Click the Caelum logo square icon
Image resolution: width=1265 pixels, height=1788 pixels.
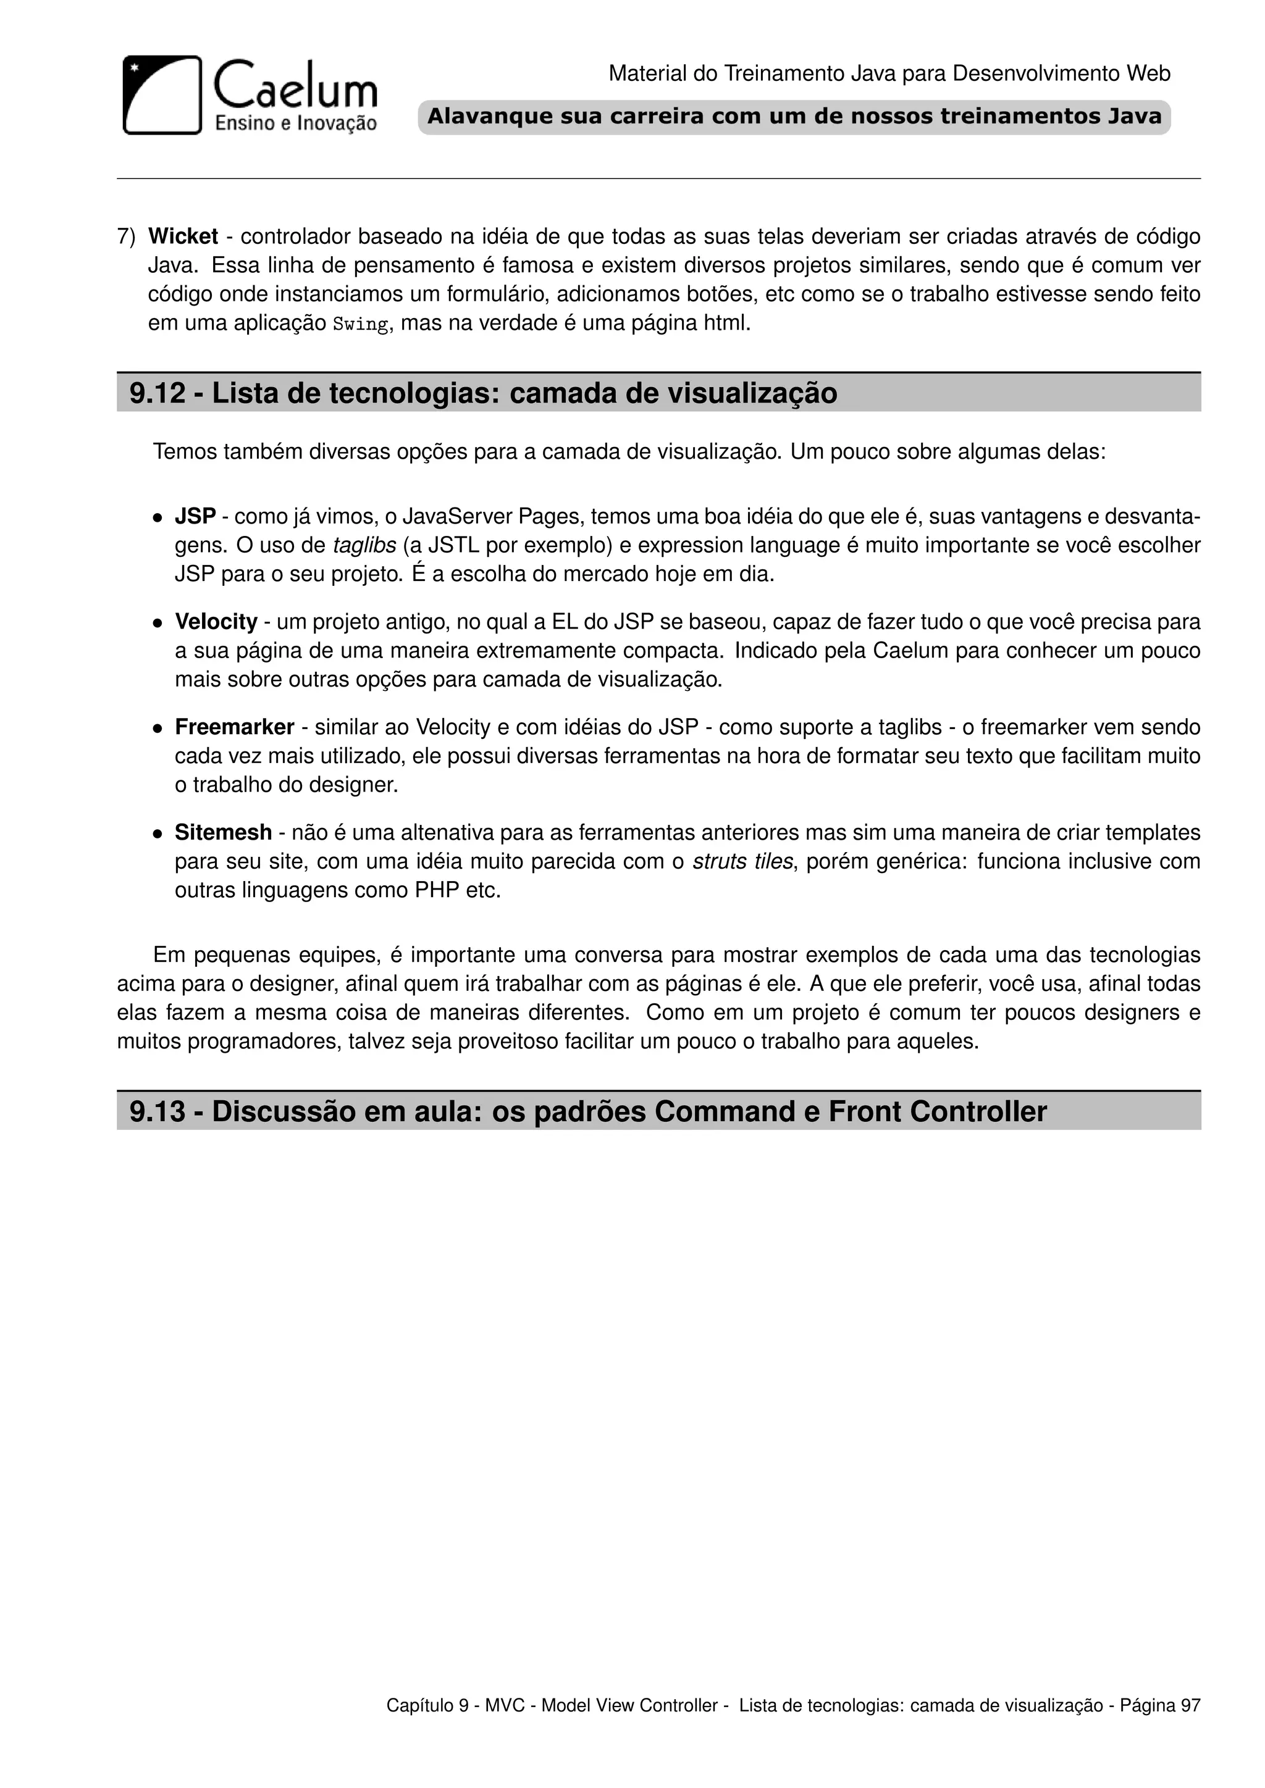coord(162,95)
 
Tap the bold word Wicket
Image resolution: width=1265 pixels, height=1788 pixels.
coord(183,236)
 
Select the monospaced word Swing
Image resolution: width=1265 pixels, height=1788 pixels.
coord(360,324)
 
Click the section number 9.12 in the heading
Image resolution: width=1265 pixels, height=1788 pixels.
coord(158,393)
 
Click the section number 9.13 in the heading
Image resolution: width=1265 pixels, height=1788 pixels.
coord(158,1111)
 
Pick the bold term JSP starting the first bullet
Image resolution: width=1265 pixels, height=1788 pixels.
coord(195,516)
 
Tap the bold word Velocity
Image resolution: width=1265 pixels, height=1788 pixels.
coord(216,622)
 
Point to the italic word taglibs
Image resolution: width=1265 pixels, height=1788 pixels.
coord(364,545)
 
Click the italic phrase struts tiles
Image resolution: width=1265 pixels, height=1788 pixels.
coord(742,861)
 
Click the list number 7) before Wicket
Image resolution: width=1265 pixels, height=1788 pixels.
coord(126,236)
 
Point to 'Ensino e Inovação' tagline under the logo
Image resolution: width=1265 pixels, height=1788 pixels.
coord(295,122)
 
